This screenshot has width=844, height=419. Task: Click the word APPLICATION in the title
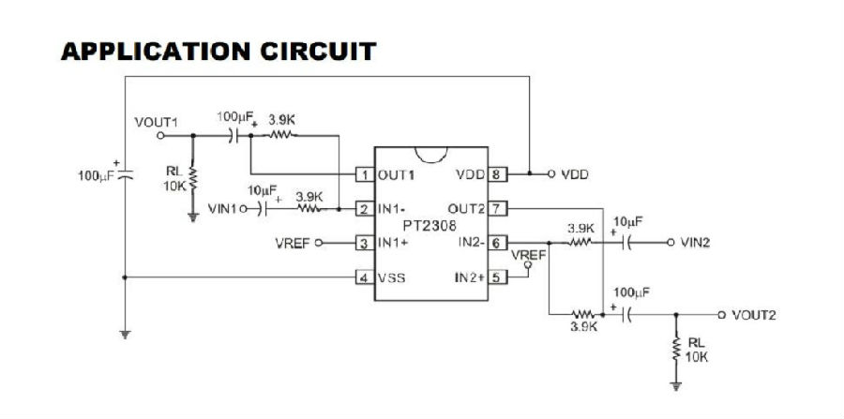point(156,52)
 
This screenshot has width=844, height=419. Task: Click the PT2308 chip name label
point(430,225)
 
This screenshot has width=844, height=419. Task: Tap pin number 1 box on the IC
point(365,174)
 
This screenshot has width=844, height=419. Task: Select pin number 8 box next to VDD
point(497,174)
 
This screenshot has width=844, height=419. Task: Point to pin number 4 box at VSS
point(365,278)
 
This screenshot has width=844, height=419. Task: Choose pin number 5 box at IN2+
point(497,277)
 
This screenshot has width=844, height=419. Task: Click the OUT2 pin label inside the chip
point(466,208)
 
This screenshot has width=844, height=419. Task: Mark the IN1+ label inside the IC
point(392,243)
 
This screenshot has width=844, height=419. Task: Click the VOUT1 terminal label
point(156,122)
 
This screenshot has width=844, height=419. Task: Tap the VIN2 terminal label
point(695,243)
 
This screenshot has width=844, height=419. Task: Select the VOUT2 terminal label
point(754,315)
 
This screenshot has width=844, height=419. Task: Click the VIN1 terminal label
point(222,208)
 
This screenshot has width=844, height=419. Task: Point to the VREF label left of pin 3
point(293,243)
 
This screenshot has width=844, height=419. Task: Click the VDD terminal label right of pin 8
point(574,174)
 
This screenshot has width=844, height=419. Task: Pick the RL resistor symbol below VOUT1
point(192,178)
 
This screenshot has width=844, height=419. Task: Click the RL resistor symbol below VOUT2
point(676,350)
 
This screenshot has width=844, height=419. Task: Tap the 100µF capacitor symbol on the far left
point(125,173)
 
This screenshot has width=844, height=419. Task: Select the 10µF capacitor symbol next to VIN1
point(264,208)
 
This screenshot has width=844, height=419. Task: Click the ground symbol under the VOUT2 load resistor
point(676,385)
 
